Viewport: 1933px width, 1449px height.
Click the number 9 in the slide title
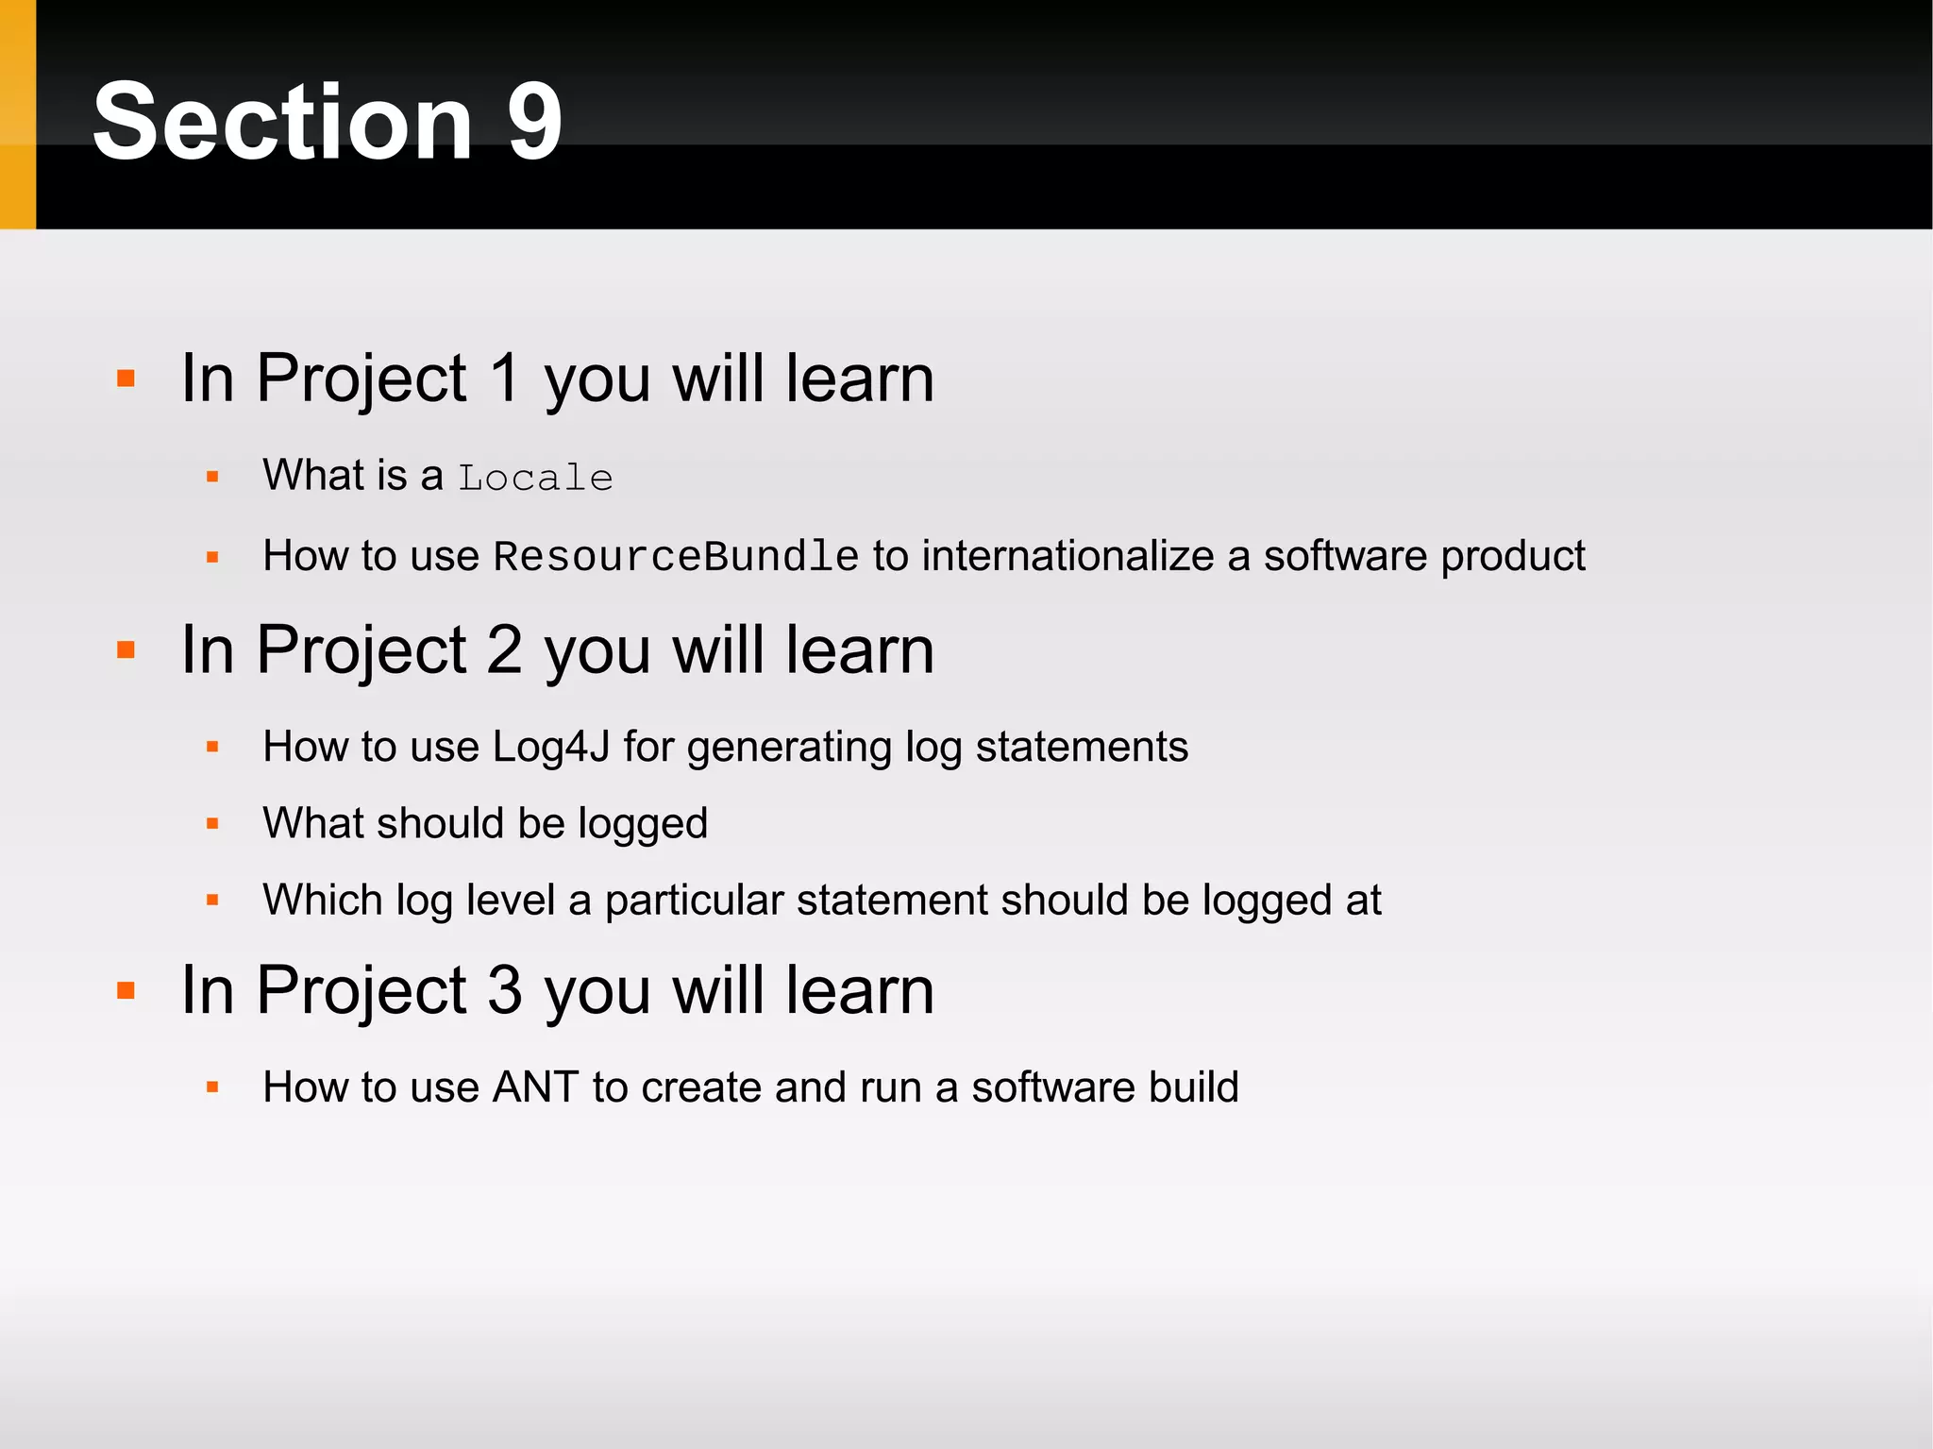pos(534,121)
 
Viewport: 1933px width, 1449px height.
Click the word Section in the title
pos(282,121)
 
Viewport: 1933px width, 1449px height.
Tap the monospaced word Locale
pos(535,478)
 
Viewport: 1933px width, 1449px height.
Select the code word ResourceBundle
pos(676,557)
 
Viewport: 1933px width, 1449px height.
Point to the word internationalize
pos(1067,556)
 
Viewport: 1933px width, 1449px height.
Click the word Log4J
pos(551,747)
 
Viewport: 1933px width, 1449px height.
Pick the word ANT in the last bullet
pos(535,1087)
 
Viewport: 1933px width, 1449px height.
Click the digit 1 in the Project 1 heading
pos(506,379)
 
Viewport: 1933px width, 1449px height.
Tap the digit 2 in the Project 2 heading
pos(505,650)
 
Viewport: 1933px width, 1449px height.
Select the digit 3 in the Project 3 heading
pos(505,990)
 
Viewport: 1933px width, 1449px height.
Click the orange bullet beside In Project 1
pos(126,379)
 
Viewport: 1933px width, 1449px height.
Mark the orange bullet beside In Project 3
pos(126,991)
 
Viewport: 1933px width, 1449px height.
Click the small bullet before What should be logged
pos(212,824)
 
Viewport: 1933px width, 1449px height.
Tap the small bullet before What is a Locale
pos(212,477)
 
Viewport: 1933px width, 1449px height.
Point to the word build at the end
pos(1193,1087)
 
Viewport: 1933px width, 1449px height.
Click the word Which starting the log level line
pos(322,900)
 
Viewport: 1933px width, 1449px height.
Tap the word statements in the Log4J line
pos(1082,747)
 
